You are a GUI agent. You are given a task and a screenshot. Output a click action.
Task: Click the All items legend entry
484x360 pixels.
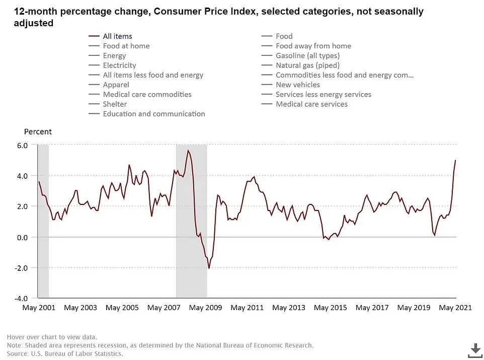pyautogui.click(x=117, y=36)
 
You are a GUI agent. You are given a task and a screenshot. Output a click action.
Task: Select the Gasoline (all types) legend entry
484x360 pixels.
pyautogui.click(x=307, y=56)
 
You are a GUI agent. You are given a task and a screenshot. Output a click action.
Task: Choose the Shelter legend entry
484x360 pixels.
pyautogui.click(x=115, y=104)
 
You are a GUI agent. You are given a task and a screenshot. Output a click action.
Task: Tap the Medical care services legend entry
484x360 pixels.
pyautogui.click(x=311, y=104)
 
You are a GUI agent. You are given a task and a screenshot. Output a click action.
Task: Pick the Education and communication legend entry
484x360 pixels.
pyautogui.click(x=154, y=114)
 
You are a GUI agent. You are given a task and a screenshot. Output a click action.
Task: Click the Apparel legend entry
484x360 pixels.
pyautogui.click(x=116, y=85)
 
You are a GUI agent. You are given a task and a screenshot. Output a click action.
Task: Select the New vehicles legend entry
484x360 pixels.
pyautogui.click(x=298, y=85)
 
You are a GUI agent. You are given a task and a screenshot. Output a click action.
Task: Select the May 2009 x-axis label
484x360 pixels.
pyautogui.click(x=206, y=308)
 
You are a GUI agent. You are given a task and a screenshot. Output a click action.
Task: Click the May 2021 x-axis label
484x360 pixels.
pyautogui.click(x=455, y=308)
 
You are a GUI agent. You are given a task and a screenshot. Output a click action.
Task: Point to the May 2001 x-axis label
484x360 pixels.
pyautogui.click(x=39, y=308)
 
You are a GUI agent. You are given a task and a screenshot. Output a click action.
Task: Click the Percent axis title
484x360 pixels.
pyautogui.click(x=38, y=132)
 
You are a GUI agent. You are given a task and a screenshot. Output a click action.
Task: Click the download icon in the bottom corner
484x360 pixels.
pyautogui.click(x=475, y=349)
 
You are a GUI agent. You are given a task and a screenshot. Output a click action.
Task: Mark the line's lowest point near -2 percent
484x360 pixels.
pyautogui.click(x=209, y=268)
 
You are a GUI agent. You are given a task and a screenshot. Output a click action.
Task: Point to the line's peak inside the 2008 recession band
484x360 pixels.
pyautogui.click(x=188, y=151)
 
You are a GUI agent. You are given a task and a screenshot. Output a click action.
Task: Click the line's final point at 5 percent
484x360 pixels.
pyautogui.click(x=455, y=161)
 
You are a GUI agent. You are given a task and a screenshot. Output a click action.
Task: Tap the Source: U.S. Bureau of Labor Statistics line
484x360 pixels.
pyautogui.click(x=65, y=354)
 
